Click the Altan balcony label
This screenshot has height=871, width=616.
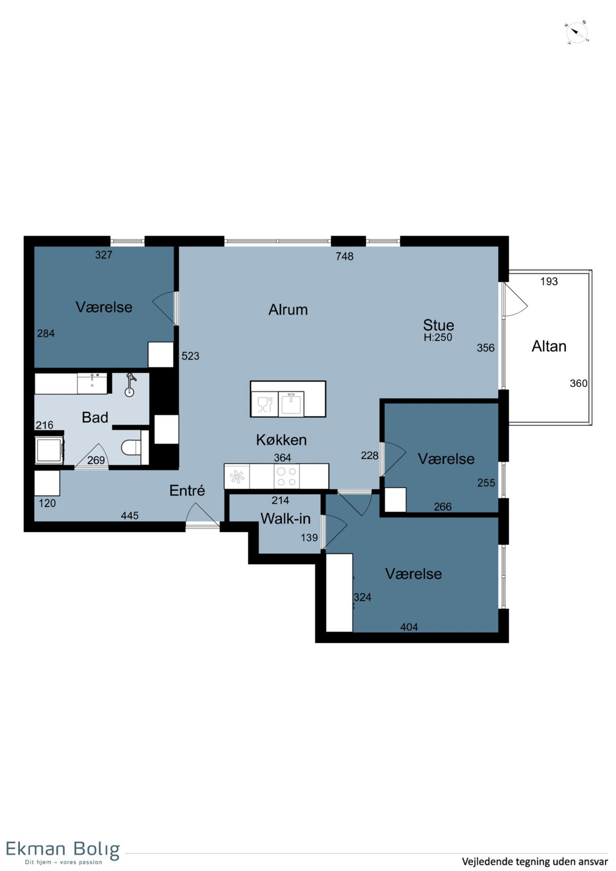click(549, 346)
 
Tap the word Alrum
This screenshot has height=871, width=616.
click(288, 309)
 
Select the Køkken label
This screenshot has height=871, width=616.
click(281, 440)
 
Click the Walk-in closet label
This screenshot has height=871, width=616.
click(285, 518)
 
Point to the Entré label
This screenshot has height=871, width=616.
click(187, 490)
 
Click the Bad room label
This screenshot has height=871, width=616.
click(95, 417)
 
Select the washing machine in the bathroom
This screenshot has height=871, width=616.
click(49, 450)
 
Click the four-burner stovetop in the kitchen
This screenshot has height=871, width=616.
click(286, 476)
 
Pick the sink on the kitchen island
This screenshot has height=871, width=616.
click(291, 403)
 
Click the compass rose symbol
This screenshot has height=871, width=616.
click(577, 33)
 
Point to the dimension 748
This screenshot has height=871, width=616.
click(344, 256)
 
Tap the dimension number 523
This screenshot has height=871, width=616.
click(190, 356)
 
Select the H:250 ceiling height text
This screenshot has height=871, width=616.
click(438, 337)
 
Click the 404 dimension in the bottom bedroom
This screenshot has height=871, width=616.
click(409, 627)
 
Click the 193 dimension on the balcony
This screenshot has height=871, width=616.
click(549, 281)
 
